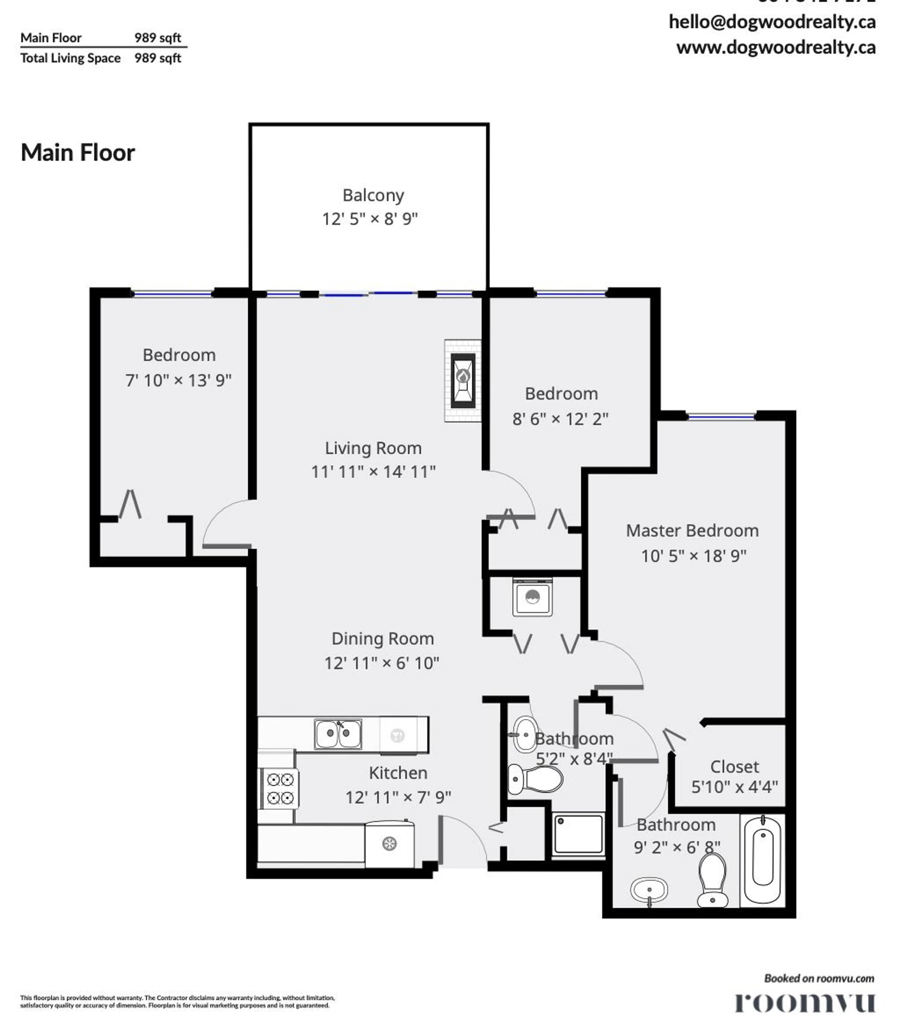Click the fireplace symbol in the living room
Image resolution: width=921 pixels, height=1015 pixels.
pyautogui.click(x=462, y=381)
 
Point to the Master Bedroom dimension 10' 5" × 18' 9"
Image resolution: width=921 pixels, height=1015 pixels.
pyautogui.click(x=693, y=556)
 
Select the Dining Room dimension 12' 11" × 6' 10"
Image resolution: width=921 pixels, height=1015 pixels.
pyautogui.click(x=381, y=663)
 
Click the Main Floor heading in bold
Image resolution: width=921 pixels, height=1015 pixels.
pyautogui.click(x=78, y=153)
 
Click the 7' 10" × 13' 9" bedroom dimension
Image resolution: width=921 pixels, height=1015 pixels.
pyautogui.click(x=178, y=380)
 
